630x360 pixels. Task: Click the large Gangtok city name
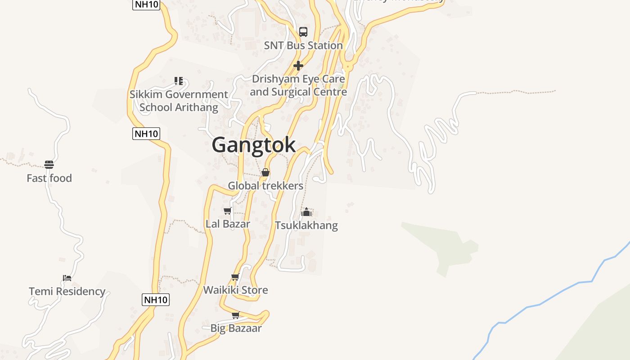254,145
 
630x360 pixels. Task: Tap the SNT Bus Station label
303,45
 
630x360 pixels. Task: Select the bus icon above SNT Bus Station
303,32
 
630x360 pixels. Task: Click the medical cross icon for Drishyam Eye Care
298,66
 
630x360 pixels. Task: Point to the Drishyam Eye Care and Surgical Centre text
298,85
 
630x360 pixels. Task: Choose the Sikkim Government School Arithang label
179,101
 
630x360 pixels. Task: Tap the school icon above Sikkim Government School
179,81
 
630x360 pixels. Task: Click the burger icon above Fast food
49,165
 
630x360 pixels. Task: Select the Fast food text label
49,178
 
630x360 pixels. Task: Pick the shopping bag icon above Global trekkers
265,172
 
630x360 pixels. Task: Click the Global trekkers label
265,185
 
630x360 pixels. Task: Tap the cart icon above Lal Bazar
228,211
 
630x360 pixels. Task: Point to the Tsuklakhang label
306,225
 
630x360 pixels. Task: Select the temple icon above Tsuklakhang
306,212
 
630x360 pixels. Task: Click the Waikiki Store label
235,290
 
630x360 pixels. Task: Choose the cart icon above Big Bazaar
235,315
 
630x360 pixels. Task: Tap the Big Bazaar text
236,328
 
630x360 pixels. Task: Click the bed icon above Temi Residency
67,278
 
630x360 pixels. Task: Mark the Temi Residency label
67,291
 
